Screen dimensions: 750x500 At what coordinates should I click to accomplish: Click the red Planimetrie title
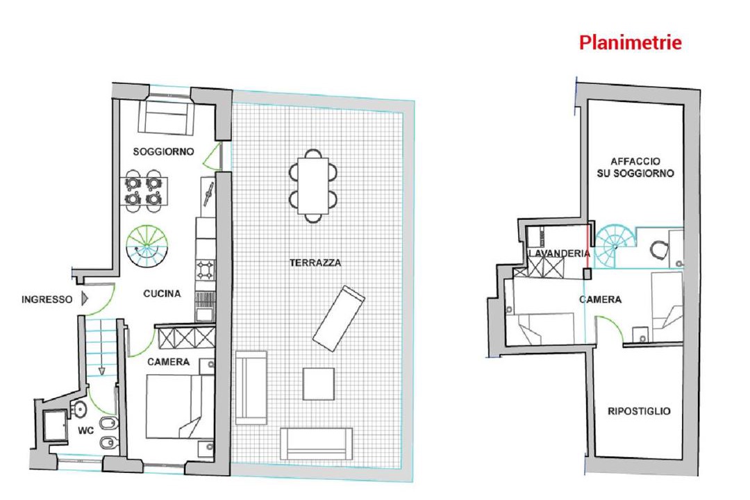tap(630, 42)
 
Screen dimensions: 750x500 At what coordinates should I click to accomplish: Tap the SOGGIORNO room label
tap(164, 151)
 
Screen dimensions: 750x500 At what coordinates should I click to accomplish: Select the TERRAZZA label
tap(315, 262)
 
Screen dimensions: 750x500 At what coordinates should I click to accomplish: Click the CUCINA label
tap(162, 294)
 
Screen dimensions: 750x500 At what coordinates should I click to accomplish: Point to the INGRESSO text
tap(47, 299)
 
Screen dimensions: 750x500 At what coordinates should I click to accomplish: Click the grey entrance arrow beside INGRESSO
tap(85, 299)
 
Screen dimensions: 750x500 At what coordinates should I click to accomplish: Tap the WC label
tap(86, 431)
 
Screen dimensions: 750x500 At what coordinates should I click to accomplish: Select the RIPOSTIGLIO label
tap(639, 411)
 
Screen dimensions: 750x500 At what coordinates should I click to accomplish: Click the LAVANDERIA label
tap(559, 253)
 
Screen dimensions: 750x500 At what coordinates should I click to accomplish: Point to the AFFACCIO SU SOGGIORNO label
tap(635, 167)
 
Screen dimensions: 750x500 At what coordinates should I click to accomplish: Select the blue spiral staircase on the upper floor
tap(615, 247)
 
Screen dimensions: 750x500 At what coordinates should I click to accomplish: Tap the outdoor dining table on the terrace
tap(313, 185)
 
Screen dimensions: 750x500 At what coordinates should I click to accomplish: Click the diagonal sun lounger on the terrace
tap(339, 319)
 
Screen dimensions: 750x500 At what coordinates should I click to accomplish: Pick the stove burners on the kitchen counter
tap(205, 270)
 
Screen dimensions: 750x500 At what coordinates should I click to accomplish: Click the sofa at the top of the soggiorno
tap(166, 117)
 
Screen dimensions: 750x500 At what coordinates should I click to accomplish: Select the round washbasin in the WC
tap(79, 409)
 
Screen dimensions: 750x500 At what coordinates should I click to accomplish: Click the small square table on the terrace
tap(319, 384)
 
